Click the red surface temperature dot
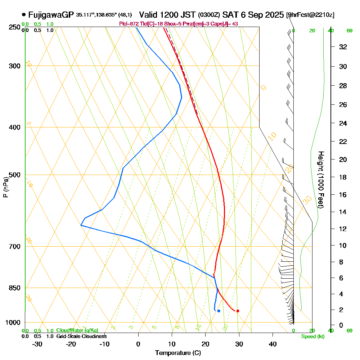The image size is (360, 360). (238, 311)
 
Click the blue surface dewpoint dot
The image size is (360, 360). (219, 311)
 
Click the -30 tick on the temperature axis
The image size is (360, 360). (37, 344)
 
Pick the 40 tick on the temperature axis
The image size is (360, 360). (273, 344)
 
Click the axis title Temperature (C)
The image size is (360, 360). (178, 353)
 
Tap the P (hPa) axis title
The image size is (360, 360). (5, 187)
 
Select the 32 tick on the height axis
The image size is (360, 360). (343, 46)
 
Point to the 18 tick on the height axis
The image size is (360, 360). (343, 177)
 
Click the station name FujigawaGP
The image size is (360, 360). (51, 15)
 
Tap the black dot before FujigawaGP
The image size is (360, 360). (24, 15)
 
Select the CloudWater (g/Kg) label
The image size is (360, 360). (77, 330)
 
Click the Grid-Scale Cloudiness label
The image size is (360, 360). (81, 336)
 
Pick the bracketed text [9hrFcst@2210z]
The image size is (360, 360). (310, 15)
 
